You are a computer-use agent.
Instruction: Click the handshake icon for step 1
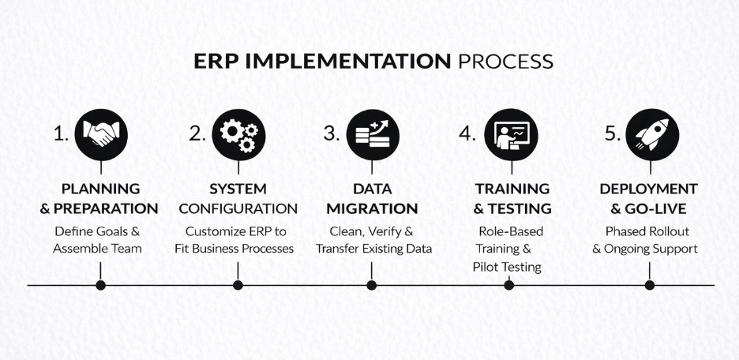click(x=100, y=134)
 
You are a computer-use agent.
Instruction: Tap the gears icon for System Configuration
click(x=238, y=134)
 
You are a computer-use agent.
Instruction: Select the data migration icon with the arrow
click(x=373, y=134)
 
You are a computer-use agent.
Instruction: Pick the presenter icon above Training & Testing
click(x=511, y=134)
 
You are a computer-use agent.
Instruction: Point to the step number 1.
click(x=62, y=134)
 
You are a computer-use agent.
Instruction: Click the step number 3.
click(x=332, y=134)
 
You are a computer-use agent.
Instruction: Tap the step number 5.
click(x=613, y=134)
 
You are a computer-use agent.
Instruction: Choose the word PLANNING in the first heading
click(x=100, y=189)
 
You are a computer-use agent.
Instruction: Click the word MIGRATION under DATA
click(x=372, y=209)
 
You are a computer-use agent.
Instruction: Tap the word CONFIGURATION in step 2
click(x=238, y=209)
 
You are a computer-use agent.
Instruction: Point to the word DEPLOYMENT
click(x=648, y=189)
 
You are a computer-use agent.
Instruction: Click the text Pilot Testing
click(x=507, y=267)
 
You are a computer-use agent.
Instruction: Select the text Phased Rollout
click(x=647, y=231)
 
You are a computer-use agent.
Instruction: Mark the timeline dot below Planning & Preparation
click(x=100, y=285)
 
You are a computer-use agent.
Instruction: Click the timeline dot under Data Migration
click(x=372, y=285)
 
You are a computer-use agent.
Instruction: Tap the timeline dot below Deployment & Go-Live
click(x=650, y=285)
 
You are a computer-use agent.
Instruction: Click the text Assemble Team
click(x=98, y=249)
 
